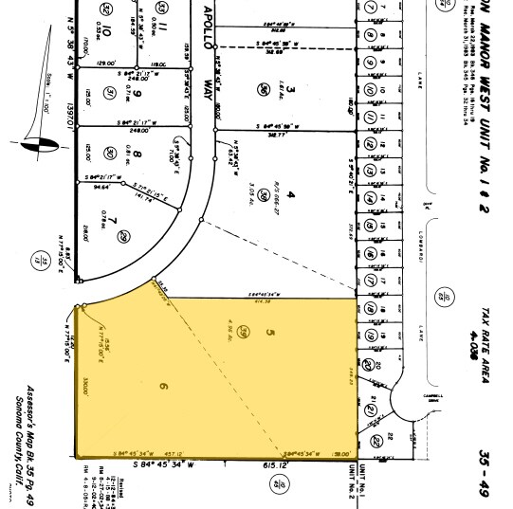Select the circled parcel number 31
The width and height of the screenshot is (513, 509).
point(111,92)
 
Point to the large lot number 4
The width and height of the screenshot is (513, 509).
point(292,194)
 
